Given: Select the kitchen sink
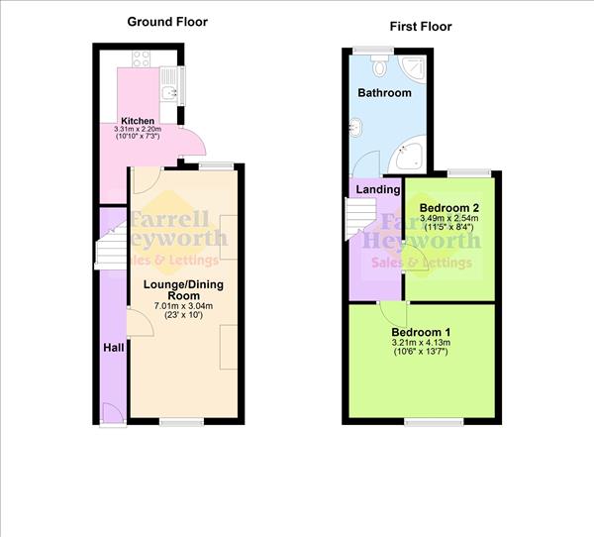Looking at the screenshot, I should [170, 91].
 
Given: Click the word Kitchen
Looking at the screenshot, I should [138, 122].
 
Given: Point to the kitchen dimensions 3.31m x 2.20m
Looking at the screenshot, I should [138, 131].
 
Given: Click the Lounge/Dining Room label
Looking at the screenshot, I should [183, 290].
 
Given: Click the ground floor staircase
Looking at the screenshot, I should [111, 254].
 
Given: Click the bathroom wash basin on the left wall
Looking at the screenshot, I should [353, 127].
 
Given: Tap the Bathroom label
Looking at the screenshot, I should [384, 93].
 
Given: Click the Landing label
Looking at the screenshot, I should [376, 188].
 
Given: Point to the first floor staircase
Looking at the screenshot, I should [356, 218].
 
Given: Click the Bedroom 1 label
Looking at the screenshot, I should [421, 332].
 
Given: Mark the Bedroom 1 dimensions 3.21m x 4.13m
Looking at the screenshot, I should [421, 343].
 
